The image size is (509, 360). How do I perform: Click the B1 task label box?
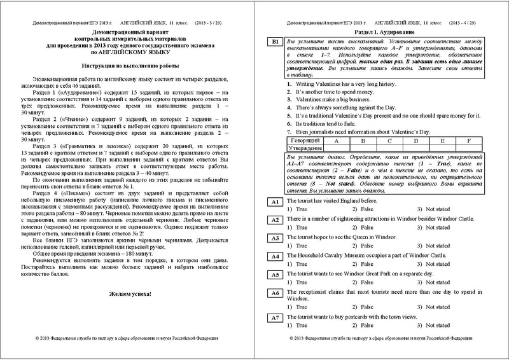pos(274,42)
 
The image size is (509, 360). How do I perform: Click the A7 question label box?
pos(274,317)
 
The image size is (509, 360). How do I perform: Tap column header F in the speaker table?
pos(468,141)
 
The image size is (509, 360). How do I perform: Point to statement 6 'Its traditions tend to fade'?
pos(325,123)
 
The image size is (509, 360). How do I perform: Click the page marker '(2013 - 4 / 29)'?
pos(469,22)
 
